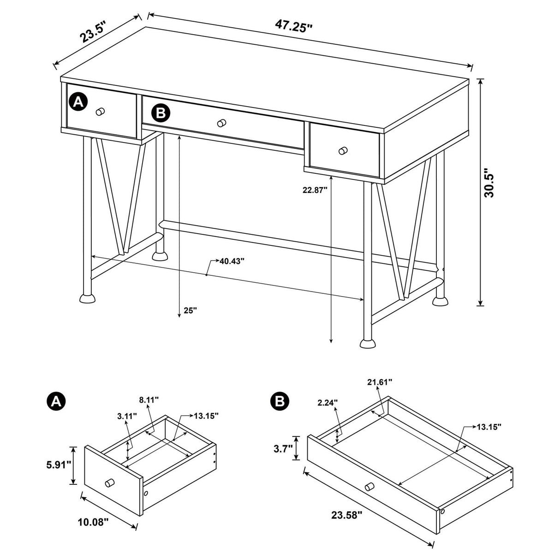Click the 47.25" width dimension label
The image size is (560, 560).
(294, 25)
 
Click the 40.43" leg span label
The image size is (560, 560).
(232, 261)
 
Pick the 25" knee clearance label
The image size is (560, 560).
(190, 310)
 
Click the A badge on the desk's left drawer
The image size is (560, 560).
(78, 101)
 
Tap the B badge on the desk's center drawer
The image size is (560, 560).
(161, 112)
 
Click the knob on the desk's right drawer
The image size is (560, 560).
(343, 150)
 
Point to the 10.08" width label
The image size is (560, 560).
(94, 522)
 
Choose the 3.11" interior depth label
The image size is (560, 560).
(127, 416)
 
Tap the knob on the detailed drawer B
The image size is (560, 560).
(369, 486)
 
